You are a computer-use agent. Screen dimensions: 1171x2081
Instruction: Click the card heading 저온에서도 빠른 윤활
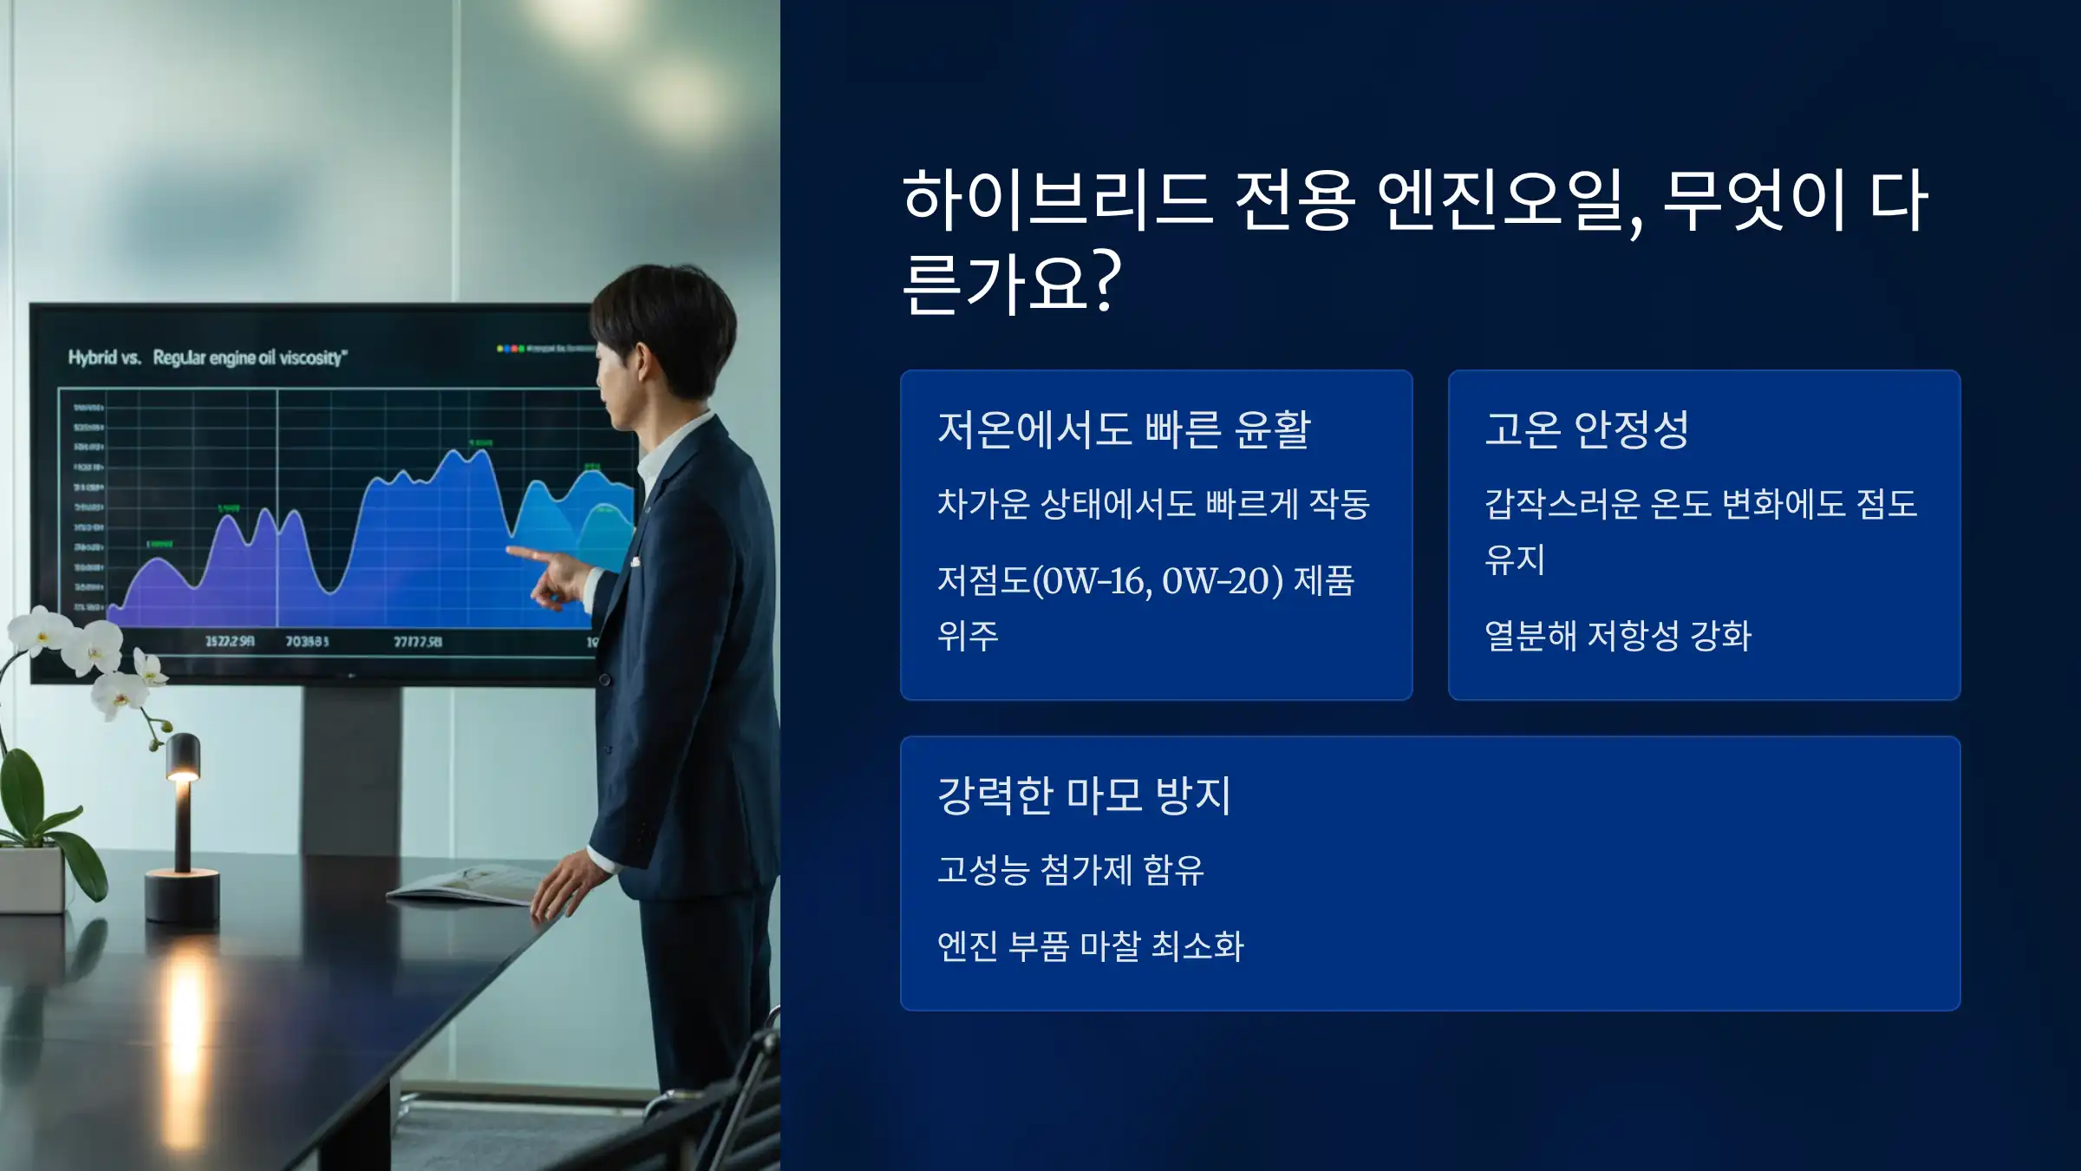pos(1124,429)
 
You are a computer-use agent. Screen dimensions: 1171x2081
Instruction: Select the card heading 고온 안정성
pos(1587,429)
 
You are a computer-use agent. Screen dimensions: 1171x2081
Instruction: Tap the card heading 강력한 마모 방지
pos(1084,795)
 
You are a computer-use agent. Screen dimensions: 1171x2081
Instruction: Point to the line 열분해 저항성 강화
pos(1618,636)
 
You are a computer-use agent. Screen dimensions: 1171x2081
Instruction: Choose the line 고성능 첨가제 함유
pos(1071,870)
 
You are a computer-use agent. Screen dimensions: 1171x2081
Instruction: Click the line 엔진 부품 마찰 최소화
pos(1091,946)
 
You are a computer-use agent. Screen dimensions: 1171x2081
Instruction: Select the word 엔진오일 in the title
pos(1500,201)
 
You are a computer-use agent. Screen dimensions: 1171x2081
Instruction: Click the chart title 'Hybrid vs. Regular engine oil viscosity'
pos(208,357)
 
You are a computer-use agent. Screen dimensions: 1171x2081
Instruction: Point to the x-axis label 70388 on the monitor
pos(307,642)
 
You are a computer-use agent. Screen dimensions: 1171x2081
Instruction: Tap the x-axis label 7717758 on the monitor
pos(418,642)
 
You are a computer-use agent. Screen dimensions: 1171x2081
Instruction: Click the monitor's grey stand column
pos(351,763)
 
